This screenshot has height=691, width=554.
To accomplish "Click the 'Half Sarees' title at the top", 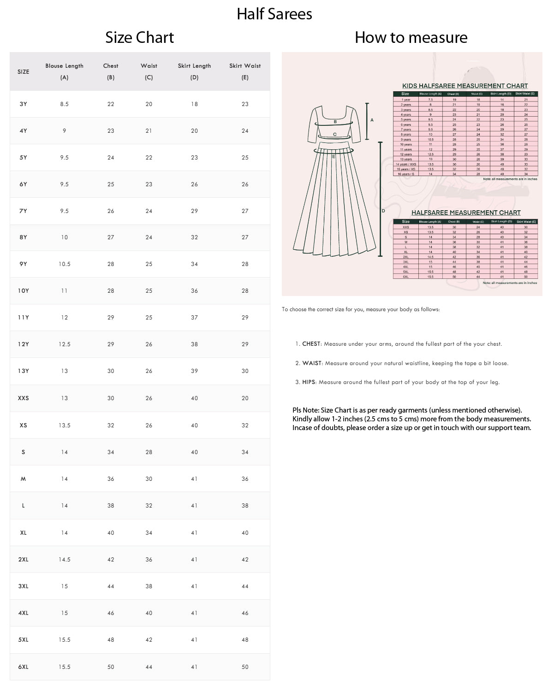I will point(274,14).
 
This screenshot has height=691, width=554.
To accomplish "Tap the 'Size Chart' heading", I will point(139,37).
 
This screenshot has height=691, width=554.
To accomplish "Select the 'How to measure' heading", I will point(411,37).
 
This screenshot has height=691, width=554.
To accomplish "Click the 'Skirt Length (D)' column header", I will point(194,71).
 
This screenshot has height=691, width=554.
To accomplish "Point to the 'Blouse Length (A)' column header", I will point(65,71).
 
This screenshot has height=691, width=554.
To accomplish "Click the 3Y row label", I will point(24,104).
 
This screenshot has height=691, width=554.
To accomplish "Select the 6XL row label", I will point(24,667).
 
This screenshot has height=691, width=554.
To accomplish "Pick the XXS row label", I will point(24,398).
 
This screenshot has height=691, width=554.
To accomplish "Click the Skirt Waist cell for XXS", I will point(245,398).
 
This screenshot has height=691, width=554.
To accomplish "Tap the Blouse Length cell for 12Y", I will point(65,344).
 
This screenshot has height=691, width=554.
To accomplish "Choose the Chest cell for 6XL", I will point(111,667).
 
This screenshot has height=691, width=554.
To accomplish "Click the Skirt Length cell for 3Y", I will point(194,104).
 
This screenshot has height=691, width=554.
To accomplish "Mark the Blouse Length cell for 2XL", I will point(65,560).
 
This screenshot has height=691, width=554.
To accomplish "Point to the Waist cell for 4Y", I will point(149,131).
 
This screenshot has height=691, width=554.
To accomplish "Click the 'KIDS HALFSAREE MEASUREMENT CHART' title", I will point(465,86).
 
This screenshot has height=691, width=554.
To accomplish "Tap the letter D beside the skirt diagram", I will point(383,211).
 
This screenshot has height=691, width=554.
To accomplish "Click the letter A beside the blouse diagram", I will point(372,120).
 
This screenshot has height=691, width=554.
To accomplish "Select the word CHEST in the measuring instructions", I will point(311,344).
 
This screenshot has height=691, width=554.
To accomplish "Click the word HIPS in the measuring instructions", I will point(309,382).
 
